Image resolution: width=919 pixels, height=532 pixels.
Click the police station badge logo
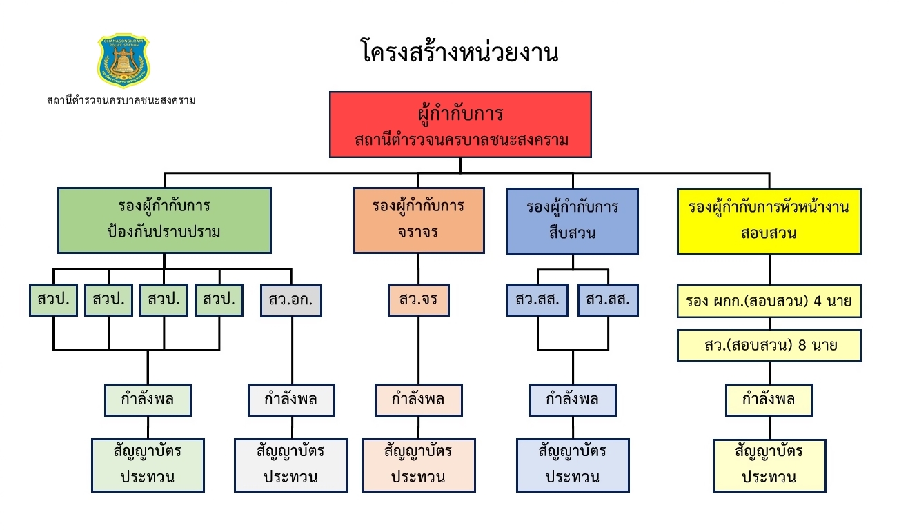123,61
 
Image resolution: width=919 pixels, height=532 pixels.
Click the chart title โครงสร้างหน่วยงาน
459,52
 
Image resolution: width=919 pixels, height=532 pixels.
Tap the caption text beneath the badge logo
121,101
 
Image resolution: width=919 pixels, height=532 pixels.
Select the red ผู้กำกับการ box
460,124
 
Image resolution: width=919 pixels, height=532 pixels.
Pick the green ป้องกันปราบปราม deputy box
164,219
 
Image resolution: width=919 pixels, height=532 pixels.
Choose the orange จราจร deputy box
418,219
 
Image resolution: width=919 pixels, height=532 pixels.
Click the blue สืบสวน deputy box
572,220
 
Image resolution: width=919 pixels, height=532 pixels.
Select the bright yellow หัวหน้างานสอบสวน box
769,220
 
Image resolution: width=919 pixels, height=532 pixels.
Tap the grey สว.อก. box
291,300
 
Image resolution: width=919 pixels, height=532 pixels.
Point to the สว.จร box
418,300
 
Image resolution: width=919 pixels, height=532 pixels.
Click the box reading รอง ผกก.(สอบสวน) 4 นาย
769,301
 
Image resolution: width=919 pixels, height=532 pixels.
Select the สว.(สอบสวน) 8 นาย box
769,346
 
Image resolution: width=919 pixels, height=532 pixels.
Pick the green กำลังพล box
147,400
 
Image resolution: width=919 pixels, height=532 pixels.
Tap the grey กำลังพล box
291,400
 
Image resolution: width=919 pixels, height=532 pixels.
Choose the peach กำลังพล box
418,400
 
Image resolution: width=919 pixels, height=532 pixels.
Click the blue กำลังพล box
573,400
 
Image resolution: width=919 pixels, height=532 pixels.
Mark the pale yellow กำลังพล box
769,400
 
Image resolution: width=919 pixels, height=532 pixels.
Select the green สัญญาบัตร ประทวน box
148,465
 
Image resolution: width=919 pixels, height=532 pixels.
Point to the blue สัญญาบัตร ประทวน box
573,465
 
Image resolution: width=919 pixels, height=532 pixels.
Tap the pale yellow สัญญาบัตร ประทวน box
769,465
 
